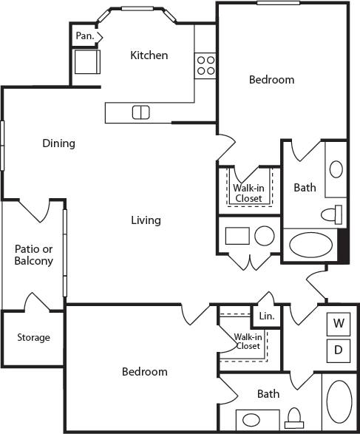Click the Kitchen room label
tap(149, 55)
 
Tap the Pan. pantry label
tap(84, 35)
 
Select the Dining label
tap(58, 143)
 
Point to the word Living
tap(146, 220)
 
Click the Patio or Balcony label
tap(34, 254)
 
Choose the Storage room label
tap(34, 337)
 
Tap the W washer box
tap(338, 323)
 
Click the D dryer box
tap(338, 350)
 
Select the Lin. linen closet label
tap(266, 316)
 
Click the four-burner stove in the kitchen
tap(206, 66)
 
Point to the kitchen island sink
tap(140, 112)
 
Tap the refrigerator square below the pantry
tap(86, 61)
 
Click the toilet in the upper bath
tap(334, 214)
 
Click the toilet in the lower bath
tap(295, 418)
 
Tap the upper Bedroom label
tap(271, 80)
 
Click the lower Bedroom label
tap(144, 372)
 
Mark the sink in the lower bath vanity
tap(251, 420)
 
